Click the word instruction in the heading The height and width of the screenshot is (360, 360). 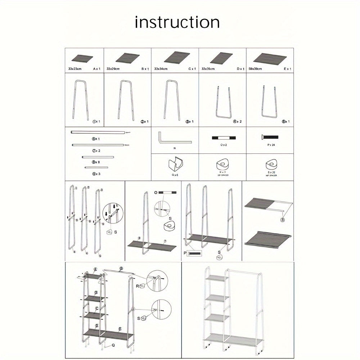pos(177,22)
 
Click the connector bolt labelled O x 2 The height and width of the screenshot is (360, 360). pos(222,138)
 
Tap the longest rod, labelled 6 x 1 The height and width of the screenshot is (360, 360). pos(98,133)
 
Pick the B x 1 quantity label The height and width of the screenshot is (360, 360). pos(144,68)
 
